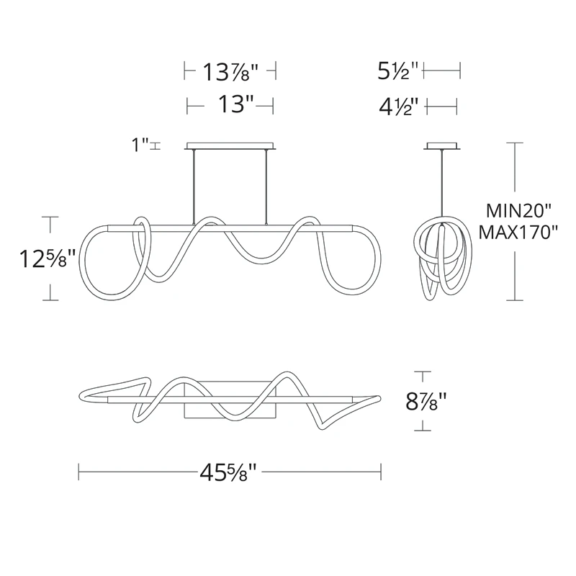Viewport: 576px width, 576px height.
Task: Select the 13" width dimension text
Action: point(236,104)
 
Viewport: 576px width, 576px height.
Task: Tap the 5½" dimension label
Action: point(398,71)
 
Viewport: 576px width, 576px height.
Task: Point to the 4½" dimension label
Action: point(399,107)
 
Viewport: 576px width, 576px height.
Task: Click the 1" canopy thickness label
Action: point(140,145)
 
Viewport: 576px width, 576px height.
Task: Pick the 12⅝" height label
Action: point(48,258)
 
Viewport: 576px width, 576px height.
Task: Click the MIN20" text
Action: point(518,211)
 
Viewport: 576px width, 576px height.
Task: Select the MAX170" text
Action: point(518,232)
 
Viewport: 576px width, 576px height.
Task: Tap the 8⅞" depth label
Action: point(426,402)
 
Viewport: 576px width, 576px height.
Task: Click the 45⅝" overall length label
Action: point(228,472)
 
